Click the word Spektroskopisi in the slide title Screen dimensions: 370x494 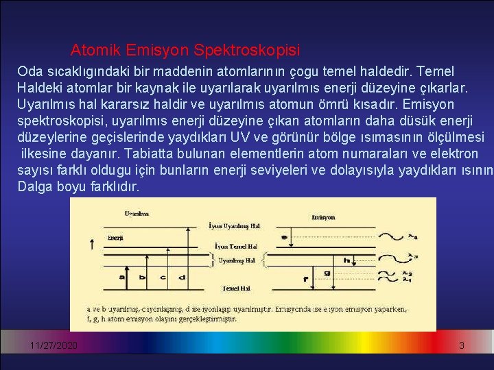point(247,50)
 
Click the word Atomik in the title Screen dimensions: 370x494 point(93,50)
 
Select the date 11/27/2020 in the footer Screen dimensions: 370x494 point(54,346)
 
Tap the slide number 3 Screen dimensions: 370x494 point(462,346)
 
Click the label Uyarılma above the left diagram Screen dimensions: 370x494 point(136,214)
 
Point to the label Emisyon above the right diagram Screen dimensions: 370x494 point(322,217)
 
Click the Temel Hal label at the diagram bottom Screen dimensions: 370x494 point(235,288)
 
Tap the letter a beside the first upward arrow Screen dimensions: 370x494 point(121,277)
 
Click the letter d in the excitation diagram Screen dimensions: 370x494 point(182,277)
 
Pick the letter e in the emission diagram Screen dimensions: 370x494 point(285,237)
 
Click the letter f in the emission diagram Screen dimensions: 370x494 point(305,280)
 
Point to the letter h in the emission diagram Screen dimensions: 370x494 point(348,260)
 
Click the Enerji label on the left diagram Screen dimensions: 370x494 point(115,238)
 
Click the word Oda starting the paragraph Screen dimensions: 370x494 point(29,71)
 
